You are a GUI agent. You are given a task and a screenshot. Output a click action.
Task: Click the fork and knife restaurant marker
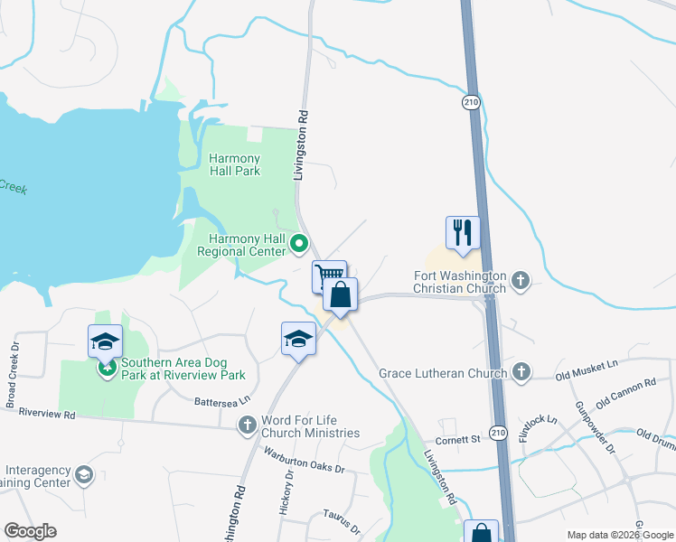coord(462,232)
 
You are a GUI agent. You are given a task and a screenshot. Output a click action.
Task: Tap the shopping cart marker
coord(329,275)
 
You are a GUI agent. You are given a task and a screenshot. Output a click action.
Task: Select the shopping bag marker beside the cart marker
coord(340,294)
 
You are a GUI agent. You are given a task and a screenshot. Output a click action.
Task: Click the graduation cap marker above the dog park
coord(106,341)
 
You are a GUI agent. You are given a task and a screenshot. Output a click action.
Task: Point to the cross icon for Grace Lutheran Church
coord(520,372)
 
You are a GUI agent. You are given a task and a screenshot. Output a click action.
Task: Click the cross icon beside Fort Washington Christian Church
coord(520,281)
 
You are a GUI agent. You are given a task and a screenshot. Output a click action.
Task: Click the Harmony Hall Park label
coord(234,164)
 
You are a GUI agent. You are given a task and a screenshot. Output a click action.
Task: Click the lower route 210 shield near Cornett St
coord(498,435)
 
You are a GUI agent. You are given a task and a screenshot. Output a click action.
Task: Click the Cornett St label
coord(456,440)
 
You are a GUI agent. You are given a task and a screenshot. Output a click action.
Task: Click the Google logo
coord(30,531)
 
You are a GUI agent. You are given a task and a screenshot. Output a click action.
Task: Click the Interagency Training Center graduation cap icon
coord(84,474)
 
